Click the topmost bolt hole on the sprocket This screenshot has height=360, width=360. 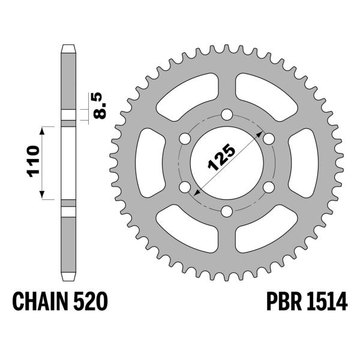pyautogui.click(x=227, y=115)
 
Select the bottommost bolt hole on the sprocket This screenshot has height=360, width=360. pyautogui.click(x=227, y=211)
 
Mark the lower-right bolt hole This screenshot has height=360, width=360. pyautogui.click(x=268, y=187)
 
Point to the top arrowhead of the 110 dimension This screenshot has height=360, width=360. pyautogui.click(x=42, y=129)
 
